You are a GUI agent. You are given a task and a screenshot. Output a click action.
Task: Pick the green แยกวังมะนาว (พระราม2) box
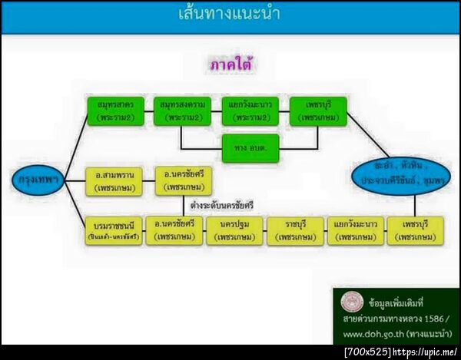point(249,111)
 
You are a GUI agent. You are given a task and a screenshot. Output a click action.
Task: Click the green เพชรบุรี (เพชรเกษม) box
point(318,111)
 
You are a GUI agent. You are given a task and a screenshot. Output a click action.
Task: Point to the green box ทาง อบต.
point(250,147)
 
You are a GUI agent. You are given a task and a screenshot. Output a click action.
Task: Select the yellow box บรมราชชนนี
point(114,230)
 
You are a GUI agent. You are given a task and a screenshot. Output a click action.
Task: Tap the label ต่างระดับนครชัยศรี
point(222,205)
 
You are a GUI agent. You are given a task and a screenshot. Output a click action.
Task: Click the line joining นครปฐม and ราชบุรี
point(265,230)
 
